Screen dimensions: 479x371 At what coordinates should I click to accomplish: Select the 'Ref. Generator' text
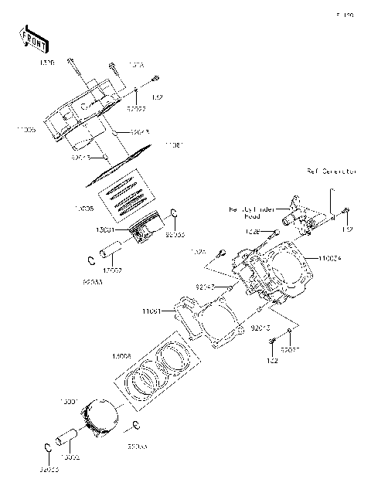point(332,171)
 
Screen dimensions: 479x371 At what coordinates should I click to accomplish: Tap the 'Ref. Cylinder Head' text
point(253,213)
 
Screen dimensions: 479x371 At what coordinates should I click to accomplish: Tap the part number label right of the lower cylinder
point(325,259)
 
